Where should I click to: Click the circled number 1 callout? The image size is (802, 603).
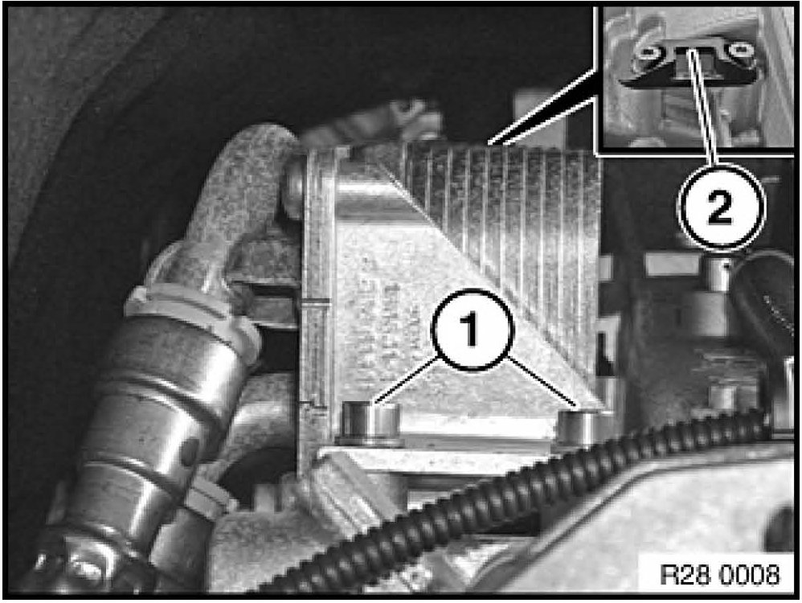[x=472, y=330]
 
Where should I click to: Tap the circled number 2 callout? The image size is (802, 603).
[x=721, y=207]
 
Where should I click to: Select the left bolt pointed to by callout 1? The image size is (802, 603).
[x=371, y=422]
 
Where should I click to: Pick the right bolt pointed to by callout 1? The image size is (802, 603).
[x=579, y=426]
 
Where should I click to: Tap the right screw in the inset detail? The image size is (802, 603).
[x=740, y=50]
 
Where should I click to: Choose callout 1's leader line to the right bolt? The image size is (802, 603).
[x=543, y=381]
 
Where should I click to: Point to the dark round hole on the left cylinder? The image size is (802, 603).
[x=189, y=450]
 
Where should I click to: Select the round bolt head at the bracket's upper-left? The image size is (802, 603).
[x=295, y=188]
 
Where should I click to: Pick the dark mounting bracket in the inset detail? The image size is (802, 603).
[x=692, y=61]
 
